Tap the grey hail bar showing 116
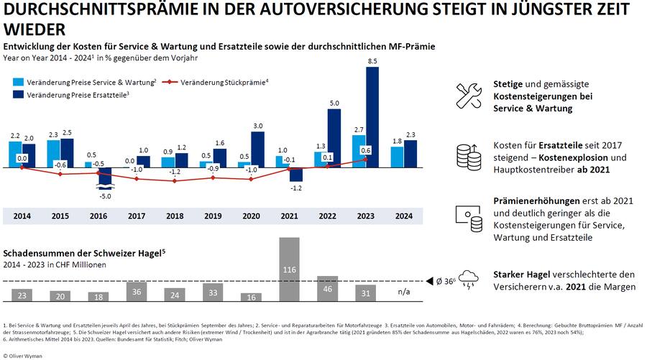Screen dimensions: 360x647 click(290, 269)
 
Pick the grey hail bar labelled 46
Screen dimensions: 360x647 click(327, 288)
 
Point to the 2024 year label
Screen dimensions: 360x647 click(403, 215)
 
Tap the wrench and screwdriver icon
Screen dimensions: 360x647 click(469, 96)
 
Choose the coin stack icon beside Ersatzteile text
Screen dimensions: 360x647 click(469, 156)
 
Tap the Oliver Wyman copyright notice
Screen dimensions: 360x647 click(26, 354)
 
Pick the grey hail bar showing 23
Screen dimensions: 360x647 click(22, 295)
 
